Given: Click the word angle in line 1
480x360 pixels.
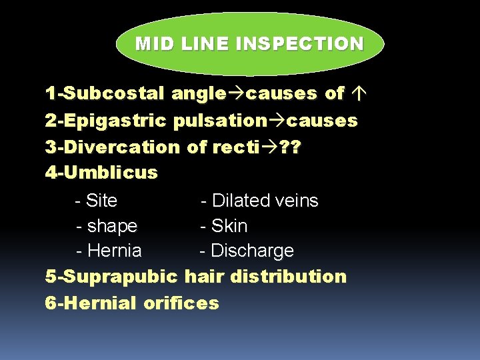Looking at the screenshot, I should pos(198,95).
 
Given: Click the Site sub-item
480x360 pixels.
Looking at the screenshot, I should pos(102,201).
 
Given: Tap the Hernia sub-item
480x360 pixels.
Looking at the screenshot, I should pos(114,251).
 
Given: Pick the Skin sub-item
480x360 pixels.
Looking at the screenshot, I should pos(229,227).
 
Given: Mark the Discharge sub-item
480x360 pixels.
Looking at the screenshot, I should pos(251,251).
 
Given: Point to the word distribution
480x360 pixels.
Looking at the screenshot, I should pos(289,277).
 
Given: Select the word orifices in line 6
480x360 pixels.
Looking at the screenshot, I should pos(181,303).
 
